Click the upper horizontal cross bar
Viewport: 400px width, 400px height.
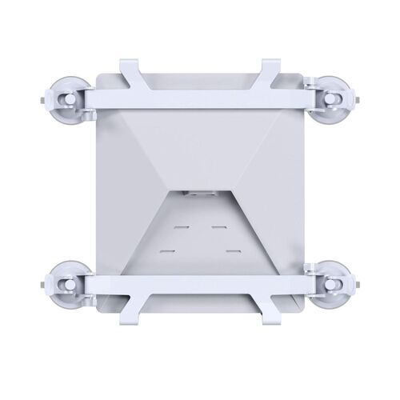tap(200, 96)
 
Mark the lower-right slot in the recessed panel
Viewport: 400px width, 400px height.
tap(233, 252)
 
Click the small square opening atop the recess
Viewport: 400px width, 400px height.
tap(199, 194)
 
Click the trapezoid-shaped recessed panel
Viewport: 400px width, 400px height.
tap(199, 236)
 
